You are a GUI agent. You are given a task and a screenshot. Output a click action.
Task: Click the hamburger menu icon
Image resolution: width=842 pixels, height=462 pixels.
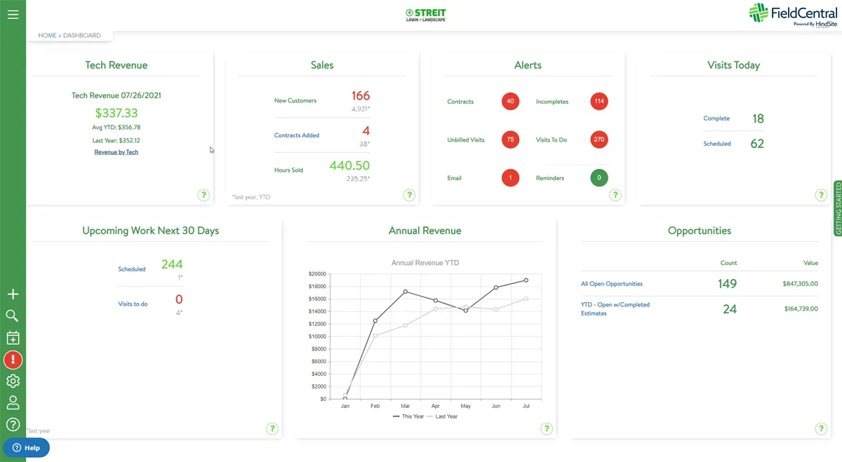pyautogui.click(x=13, y=14)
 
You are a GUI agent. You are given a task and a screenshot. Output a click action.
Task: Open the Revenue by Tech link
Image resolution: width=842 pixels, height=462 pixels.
pyautogui.click(x=116, y=152)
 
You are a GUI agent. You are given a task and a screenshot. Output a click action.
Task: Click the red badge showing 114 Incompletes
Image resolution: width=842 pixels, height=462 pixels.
pyautogui.click(x=599, y=102)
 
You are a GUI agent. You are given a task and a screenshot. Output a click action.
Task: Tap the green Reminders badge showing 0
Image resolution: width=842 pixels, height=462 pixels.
pyautogui.click(x=599, y=178)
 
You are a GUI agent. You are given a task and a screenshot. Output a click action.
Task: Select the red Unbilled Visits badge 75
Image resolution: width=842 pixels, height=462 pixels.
pyautogui.click(x=510, y=140)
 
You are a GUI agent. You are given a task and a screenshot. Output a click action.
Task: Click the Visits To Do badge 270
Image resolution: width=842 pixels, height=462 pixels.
pyautogui.click(x=599, y=140)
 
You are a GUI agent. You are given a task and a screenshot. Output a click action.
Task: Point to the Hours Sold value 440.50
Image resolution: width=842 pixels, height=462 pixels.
pyautogui.click(x=349, y=165)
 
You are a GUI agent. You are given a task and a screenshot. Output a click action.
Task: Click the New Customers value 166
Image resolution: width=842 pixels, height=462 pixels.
pyautogui.click(x=360, y=96)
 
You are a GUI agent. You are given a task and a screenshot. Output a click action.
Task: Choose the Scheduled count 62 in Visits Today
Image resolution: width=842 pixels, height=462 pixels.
pyautogui.click(x=757, y=144)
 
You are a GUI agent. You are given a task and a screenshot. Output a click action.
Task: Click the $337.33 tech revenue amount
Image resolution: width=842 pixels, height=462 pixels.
pyautogui.click(x=116, y=113)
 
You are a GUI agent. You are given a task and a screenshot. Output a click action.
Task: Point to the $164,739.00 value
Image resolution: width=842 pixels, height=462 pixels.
pyautogui.click(x=801, y=308)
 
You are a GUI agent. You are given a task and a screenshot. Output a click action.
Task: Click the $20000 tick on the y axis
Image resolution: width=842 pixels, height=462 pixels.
pyautogui.click(x=317, y=274)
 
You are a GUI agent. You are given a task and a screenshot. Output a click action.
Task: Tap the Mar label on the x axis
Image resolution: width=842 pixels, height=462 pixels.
pyautogui.click(x=405, y=406)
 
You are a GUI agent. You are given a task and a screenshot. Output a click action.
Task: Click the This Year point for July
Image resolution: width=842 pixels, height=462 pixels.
pyautogui.click(x=526, y=280)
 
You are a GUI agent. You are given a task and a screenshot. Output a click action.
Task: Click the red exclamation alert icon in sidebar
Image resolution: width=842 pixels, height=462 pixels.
pyautogui.click(x=13, y=360)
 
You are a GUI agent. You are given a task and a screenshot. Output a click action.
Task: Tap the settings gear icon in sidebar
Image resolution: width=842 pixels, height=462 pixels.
pyautogui.click(x=13, y=381)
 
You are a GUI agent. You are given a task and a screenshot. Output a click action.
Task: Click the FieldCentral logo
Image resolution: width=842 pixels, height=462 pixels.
pyautogui.click(x=793, y=14)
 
